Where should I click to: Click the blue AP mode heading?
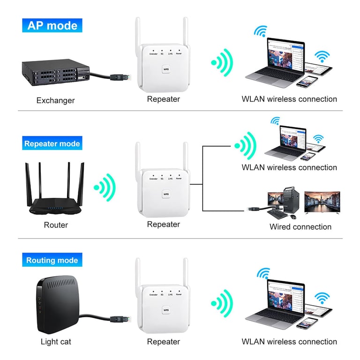[x=52, y=25]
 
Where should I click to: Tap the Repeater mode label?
[x=52, y=143]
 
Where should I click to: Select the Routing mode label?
[x=52, y=260]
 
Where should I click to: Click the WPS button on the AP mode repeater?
[x=165, y=69]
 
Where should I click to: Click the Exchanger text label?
[x=55, y=100]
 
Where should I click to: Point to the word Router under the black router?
[x=56, y=225]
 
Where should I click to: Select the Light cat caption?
[x=56, y=342]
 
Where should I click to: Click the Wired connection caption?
[x=300, y=227]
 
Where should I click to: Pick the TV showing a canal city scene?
[x=321, y=202]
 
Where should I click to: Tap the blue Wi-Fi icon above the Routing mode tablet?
[x=322, y=298]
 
